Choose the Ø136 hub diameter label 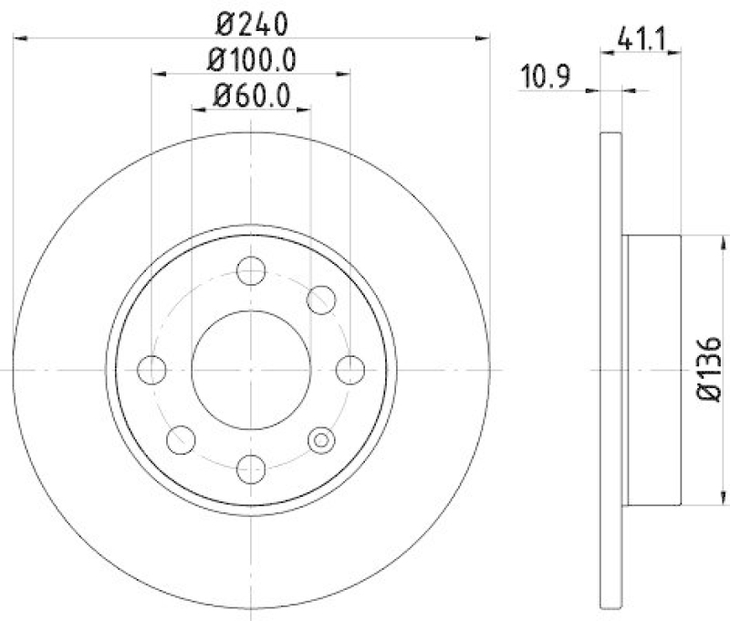click(x=710, y=369)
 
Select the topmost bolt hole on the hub click(x=250, y=270)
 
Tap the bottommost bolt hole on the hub click(x=250, y=468)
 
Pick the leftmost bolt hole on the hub click(x=151, y=370)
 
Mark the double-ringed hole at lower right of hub click(x=320, y=440)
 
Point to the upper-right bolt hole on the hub click(x=320, y=299)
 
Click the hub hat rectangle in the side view click(x=652, y=369)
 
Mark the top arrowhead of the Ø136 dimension click(x=703, y=240)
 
